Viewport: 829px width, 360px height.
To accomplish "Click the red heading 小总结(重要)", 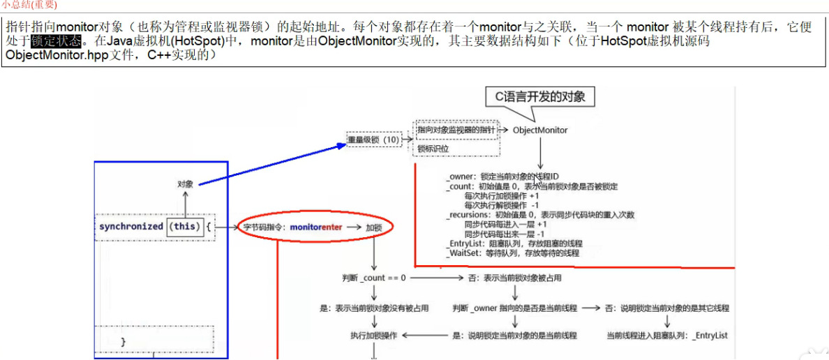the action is [29, 4].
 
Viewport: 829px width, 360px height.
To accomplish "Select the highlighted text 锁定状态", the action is [56, 40].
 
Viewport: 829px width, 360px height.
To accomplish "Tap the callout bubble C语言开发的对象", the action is [540, 97].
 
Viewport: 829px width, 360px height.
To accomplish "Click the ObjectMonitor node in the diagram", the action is [540, 130].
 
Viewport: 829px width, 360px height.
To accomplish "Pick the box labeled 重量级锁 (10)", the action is [373, 140].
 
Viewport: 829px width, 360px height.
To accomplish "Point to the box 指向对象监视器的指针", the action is [456, 130].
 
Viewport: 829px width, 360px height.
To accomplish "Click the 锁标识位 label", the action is [433, 149].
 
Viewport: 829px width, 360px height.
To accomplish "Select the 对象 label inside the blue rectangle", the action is [185, 184].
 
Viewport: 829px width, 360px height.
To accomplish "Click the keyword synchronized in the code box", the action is [130, 227].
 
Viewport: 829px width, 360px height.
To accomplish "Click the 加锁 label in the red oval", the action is [375, 227].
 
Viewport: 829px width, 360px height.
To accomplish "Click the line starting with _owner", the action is [502, 177].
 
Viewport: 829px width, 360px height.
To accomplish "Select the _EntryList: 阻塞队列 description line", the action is [514, 243].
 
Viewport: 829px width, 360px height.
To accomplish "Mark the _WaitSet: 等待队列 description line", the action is [512, 253].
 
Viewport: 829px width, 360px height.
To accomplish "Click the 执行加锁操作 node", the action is [373, 336].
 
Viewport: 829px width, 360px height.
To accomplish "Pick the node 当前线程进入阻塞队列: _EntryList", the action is [667, 336].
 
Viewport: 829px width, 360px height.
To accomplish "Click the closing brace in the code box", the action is [124, 341].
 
